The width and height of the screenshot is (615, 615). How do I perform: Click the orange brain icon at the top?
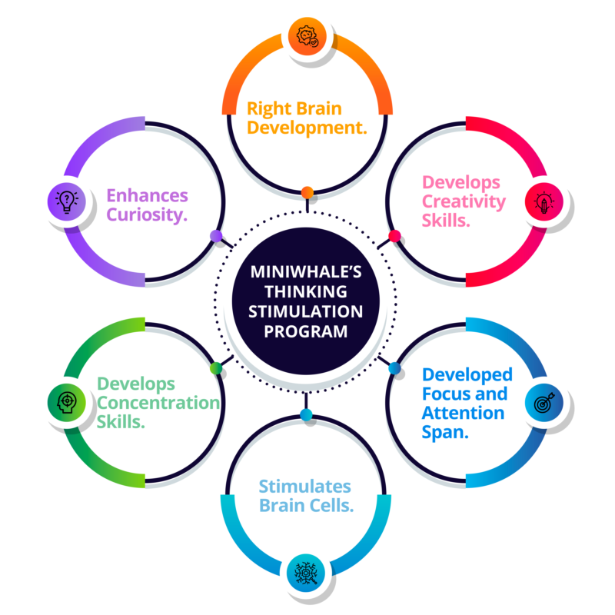pyautogui.click(x=307, y=35)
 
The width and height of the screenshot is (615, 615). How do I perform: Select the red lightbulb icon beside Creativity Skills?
pyautogui.click(x=544, y=202)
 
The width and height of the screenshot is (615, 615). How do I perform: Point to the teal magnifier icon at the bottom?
pyautogui.click(x=307, y=573)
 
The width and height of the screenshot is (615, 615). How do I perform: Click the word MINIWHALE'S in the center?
pyautogui.click(x=307, y=272)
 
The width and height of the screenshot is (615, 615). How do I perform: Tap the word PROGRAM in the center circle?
pyautogui.click(x=307, y=331)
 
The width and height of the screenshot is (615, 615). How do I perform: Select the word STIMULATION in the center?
pyautogui.click(x=307, y=311)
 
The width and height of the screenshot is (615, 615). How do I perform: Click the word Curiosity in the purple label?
pyautogui.click(x=147, y=214)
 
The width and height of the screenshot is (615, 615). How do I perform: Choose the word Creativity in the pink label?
pyautogui.click(x=464, y=202)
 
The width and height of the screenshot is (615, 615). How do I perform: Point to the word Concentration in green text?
pyautogui.click(x=158, y=403)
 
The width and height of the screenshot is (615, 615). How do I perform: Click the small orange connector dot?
pyautogui.click(x=307, y=191)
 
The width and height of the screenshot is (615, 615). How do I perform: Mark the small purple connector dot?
pyautogui.click(x=216, y=235)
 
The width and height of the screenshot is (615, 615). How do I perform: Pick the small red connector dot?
pyautogui.click(x=394, y=235)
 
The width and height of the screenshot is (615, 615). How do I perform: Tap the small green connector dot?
pyautogui.click(x=216, y=367)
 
